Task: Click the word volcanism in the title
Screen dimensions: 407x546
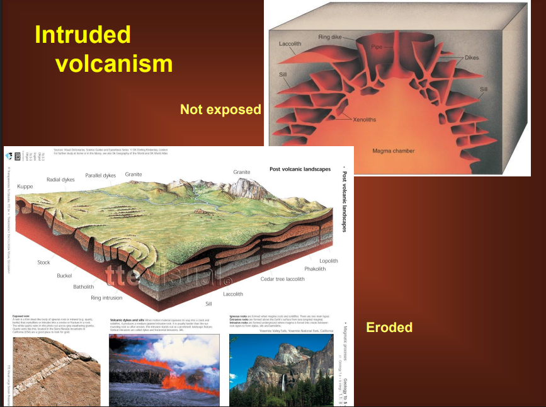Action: point(113,63)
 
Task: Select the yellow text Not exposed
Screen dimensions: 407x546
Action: point(220,110)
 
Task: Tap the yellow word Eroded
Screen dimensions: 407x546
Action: point(389,327)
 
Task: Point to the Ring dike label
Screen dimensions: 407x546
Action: point(330,37)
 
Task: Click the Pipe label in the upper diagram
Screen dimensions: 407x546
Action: point(377,47)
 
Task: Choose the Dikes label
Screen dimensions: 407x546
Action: point(472,58)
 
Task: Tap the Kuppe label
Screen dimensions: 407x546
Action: point(25,186)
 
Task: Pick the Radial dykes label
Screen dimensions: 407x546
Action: point(62,180)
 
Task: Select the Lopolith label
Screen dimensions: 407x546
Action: point(328,261)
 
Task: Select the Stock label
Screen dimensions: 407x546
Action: point(43,263)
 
